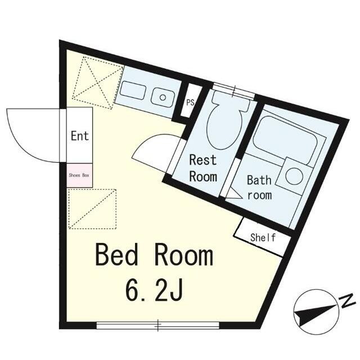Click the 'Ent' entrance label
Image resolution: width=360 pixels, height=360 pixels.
[80, 136]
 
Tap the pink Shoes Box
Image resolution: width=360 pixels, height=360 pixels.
[79, 175]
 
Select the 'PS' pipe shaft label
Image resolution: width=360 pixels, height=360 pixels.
[190, 102]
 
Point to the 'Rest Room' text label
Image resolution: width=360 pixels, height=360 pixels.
[203, 168]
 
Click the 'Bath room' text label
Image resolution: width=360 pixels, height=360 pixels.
[259, 187]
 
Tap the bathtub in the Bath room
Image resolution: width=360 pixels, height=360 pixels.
[285, 141]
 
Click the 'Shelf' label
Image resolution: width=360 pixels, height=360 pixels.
[263, 237]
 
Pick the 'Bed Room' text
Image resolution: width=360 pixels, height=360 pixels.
[154, 255]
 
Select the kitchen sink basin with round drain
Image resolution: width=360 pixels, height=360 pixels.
[163, 97]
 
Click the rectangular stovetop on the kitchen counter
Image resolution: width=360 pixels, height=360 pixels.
[133, 90]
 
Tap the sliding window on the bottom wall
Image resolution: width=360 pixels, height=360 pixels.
[158, 325]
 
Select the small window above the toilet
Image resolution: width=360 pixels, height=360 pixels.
[234, 89]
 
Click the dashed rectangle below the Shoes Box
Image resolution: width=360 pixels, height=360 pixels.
[92, 209]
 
